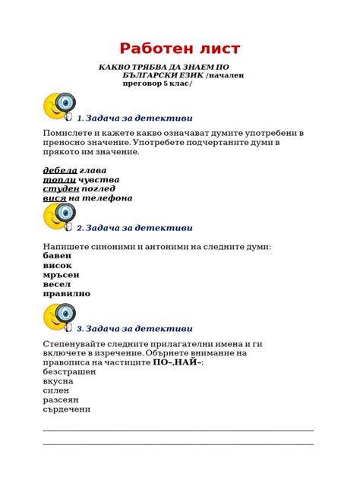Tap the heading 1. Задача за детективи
tap(134, 118)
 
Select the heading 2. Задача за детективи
tap(134, 227)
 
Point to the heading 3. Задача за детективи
tap(134, 328)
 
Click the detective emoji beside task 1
tap(59, 106)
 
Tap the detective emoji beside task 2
tap(59, 216)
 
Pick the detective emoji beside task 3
tap(59, 317)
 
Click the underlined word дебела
tap(60, 170)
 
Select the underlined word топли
tap(58, 179)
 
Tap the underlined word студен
tap(61, 188)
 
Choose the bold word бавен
tap(58, 256)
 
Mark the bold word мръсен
tap(61, 274)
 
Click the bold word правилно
tap(67, 293)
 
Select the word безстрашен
tap(70, 372)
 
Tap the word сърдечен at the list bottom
tap(67, 409)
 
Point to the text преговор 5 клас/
tap(157, 83)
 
